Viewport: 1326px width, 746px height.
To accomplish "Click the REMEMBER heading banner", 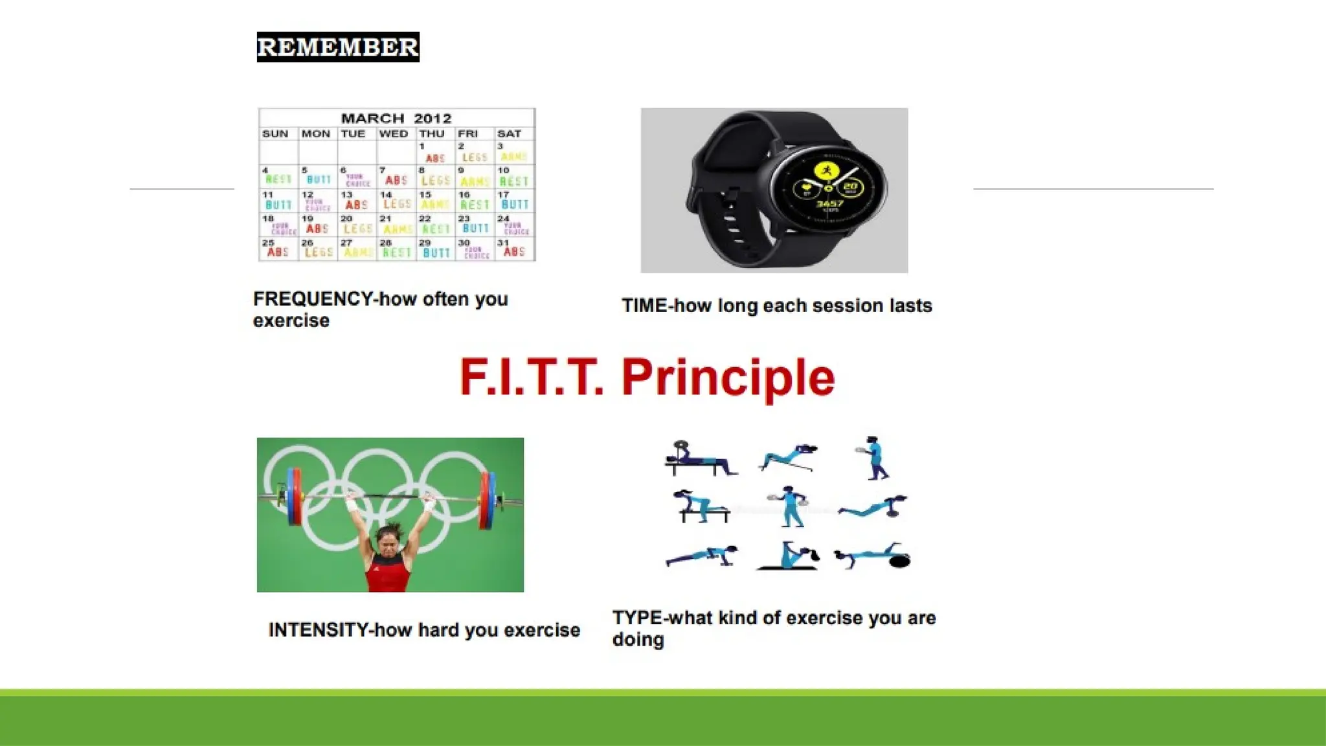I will (338, 47).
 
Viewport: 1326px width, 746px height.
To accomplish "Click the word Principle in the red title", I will (728, 378).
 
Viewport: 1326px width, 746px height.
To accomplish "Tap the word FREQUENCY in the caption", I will (313, 299).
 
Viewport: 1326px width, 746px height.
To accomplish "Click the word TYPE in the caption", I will (637, 618).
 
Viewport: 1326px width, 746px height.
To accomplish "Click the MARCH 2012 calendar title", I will (396, 119).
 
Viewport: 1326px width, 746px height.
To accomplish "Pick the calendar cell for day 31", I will (515, 249).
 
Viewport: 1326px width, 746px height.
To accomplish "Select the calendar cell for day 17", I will (515, 201).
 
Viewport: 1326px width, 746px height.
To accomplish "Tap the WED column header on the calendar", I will (394, 134).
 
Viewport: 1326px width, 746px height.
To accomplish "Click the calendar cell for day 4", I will (278, 176).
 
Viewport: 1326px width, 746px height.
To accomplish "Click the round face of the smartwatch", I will (829, 188).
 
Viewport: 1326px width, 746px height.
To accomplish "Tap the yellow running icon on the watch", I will (826, 172).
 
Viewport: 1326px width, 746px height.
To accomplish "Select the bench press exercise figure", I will (699, 459).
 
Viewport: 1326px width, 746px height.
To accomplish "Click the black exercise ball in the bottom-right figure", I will (899, 561).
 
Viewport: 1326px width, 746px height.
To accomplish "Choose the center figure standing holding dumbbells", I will (789, 506).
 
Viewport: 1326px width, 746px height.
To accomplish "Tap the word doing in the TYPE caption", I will (638, 640).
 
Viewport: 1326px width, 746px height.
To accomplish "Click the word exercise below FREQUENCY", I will (291, 321).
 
